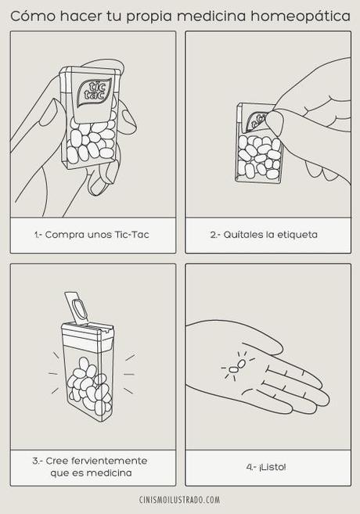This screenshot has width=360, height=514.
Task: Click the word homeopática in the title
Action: point(301,16)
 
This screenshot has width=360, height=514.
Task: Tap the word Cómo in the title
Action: point(33,16)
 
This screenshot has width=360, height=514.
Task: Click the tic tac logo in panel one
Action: point(94,92)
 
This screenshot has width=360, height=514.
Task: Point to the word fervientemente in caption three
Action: point(110,461)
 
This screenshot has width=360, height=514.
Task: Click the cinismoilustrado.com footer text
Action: point(180,500)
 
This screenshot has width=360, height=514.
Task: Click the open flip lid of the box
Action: point(76,306)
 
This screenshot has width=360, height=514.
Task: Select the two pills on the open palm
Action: point(236,366)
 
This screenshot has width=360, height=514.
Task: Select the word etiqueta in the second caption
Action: point(297,235)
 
